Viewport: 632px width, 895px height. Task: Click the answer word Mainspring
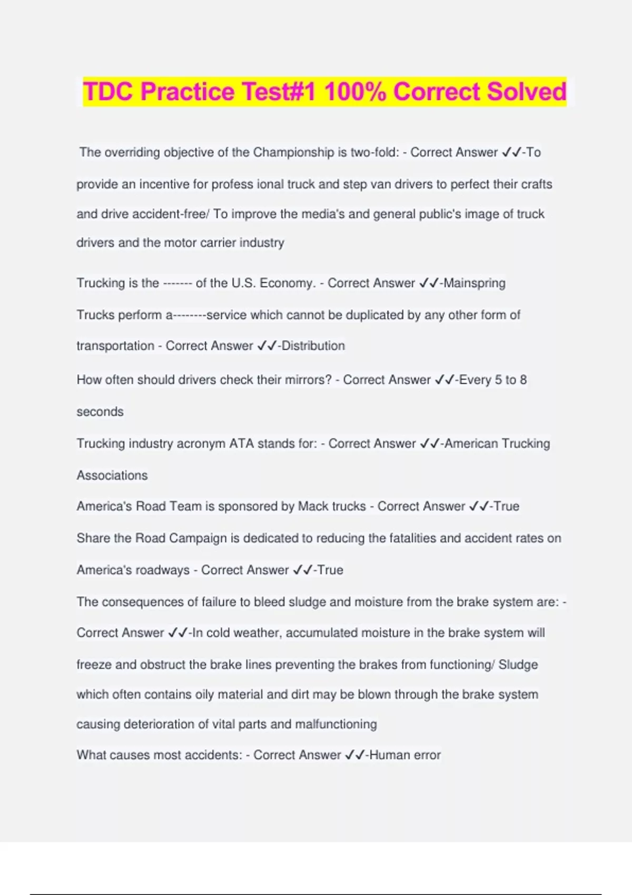point(475,283)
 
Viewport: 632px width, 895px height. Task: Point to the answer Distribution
point(313,346)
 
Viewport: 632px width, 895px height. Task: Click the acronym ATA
point(241,444)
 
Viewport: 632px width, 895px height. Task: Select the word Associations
point(112,475)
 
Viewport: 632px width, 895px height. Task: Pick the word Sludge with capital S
point(518,665)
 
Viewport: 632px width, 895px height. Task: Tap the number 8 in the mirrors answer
point(523,380)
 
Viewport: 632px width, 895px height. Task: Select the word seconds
point(100,412)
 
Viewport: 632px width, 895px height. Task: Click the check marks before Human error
point(355,755)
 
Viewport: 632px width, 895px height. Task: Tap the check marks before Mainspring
point(429,283)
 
